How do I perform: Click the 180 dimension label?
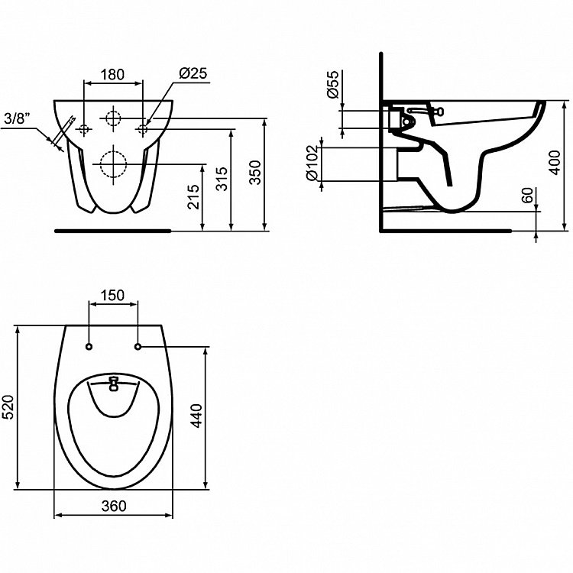pos(112,75)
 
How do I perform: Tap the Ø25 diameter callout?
pos(193,73)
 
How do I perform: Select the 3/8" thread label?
pos(17,118)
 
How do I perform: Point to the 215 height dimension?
pos(194,197)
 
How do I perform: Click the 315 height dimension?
pos(222,179)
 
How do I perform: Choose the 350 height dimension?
pos(255,173)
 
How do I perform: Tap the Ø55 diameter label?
pos(333,85)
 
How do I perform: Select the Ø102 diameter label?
pos(312,163)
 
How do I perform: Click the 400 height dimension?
pos(555,163)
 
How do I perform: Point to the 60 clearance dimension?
pos(526,195)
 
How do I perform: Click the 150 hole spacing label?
pos(113,295)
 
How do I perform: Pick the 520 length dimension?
pos(8,407)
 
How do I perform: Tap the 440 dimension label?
pos(196,416)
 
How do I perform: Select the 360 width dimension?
pos(114,506)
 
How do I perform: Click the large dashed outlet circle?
pos(114,164)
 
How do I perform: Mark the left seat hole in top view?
pos(89,346)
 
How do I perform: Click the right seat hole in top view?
pos(138,346)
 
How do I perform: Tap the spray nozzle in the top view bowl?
pos(114,384)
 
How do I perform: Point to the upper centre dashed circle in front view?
pos(113,118)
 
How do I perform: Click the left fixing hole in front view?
pos(84,128)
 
